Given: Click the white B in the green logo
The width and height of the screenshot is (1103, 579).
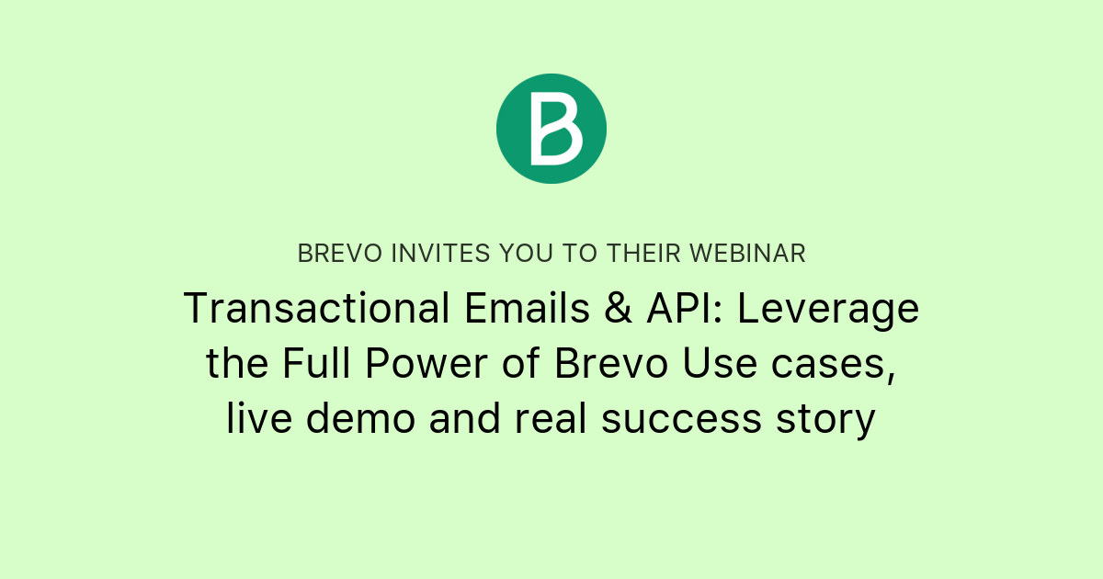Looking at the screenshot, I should point(556,128).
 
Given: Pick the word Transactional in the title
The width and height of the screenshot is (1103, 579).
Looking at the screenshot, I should point(311,309).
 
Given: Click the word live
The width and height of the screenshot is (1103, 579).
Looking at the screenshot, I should point(260,419).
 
